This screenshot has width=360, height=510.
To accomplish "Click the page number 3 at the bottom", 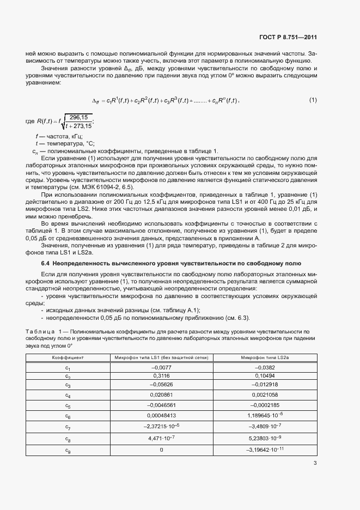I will [x=315, y=464].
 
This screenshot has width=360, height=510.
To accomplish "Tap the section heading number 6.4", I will [x=46, y=264].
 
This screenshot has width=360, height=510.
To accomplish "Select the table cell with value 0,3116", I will [x=161, y=376].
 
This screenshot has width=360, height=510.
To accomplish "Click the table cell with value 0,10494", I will [x=264, y=376].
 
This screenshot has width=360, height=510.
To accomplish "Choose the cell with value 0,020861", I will [x=161, y=394].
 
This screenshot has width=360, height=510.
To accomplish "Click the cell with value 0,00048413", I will [x=161, y=415].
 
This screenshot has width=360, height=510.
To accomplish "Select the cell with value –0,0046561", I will [x=161, y=405].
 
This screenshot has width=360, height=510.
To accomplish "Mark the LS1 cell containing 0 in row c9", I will [x=161, y=450].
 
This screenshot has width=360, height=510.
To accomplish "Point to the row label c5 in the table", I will [x=68, y=405].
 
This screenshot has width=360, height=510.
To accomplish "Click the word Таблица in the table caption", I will [x=40, y=331].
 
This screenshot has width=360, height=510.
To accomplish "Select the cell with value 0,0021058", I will [x=264, y=394].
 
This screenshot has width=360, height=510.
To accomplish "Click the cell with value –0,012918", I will [x=264, y=385].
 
